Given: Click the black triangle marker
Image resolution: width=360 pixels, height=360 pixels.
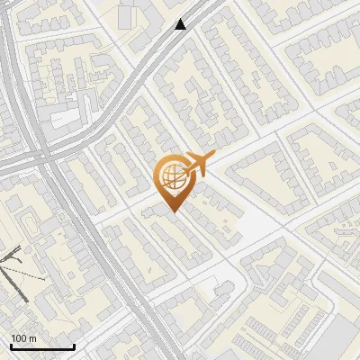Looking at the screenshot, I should [x=181, y=24].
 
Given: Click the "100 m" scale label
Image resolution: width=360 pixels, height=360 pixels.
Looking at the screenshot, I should [x=24, y=338].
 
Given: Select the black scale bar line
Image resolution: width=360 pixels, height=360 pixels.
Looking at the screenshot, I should [x=42, y=346].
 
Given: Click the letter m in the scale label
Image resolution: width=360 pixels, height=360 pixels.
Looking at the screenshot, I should [x=33, y=338].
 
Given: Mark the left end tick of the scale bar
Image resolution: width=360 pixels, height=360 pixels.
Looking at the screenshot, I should [x=11, y=345].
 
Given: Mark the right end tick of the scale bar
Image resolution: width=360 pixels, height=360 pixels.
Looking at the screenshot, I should [x=74, y=345].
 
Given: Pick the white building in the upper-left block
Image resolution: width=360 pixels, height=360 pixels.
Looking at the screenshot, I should [x=64, y=118].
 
